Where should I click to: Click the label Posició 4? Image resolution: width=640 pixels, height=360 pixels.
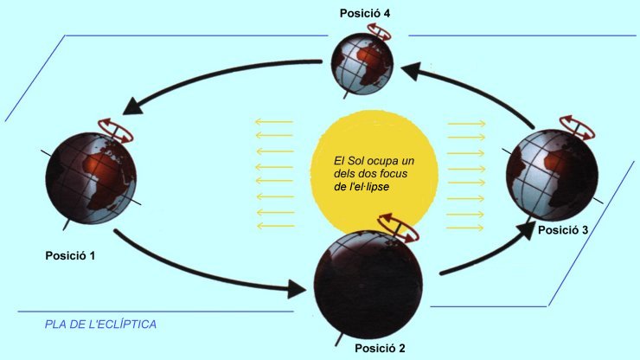[x=364, y=14]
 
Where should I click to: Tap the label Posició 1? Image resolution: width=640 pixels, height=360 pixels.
[x=70, y=256]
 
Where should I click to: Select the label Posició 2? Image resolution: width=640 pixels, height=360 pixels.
[x=380, y=348]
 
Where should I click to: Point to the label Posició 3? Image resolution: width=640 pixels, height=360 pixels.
[x=563, y=230]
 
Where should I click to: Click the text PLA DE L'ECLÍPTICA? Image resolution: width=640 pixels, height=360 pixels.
[x=100, y=325]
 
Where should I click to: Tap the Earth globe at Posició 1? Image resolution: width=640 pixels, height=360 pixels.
[x=91, y=177]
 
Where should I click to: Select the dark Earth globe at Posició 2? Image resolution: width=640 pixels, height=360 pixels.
[x=368, y=285]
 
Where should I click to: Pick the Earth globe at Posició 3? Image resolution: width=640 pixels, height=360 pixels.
[x=552, y=175]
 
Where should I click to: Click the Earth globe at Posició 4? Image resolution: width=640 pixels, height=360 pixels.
[x=362, y=64]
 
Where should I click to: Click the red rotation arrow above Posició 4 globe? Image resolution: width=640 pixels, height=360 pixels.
[x=380, y=30]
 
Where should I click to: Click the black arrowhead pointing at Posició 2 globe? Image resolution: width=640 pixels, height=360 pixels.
[x=297, y=289]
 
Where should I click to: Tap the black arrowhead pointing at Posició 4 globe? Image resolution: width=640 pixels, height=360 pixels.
[x=412, y=71]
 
